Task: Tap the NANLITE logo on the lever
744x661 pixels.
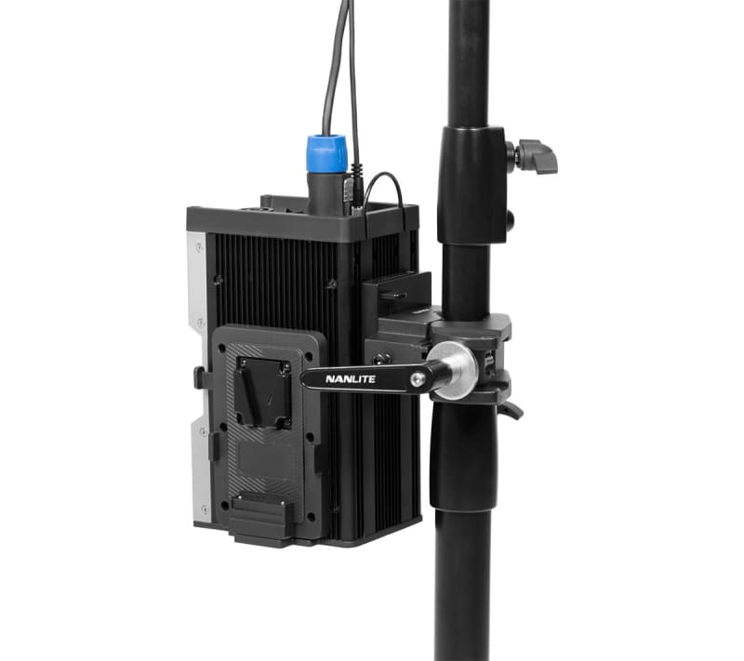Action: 351,379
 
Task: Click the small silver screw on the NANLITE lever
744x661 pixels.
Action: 417,378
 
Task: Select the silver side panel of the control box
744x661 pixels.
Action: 199,375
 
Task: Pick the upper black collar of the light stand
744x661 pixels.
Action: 472,185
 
